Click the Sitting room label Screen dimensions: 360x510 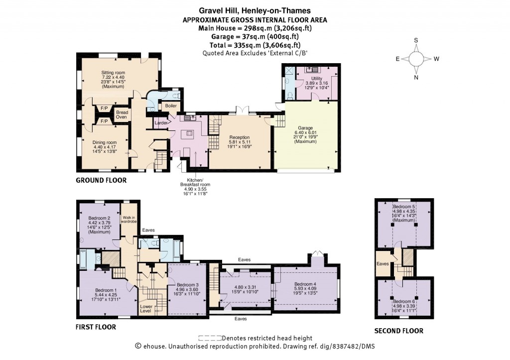[x=108, y=73]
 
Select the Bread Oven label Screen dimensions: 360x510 [x=122, y=115]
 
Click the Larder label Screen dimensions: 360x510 [x=160, y=122]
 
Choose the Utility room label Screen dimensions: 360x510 [x=317, y=79]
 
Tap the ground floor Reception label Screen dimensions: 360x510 [x=239, y=137]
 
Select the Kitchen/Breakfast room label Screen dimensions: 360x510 [x=195, y=182]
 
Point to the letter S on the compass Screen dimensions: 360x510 [x=416, y=40]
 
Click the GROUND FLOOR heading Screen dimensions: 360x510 [x=101, y=180]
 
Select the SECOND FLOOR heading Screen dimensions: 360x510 [x=398, y=331]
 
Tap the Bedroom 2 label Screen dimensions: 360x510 [x=99, y=218]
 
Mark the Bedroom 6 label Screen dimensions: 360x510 [x=403, y=302]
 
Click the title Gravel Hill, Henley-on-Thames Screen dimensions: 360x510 [x=255, y=10]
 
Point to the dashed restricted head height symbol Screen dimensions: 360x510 [x=211, y=338]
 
